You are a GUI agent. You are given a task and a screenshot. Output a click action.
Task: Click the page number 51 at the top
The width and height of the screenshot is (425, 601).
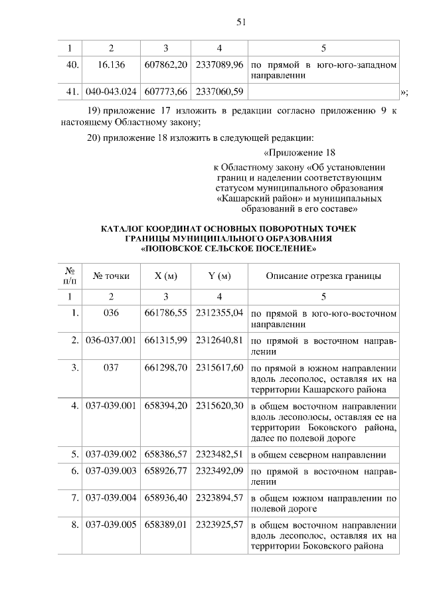coord(241,22)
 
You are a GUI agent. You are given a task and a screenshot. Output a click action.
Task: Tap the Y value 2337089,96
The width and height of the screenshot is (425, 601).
coord(219,65)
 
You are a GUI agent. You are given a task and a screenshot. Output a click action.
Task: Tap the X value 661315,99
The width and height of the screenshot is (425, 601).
coord(166,340)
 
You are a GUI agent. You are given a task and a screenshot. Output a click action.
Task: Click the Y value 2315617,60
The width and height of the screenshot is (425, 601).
coord(219,367)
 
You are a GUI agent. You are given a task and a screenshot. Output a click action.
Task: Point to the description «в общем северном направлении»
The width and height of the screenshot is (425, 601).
coord(317,455)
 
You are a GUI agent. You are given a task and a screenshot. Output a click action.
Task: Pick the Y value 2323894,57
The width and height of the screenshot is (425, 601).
coord(219,497)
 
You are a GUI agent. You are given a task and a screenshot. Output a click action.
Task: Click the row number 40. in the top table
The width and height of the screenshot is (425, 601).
coord(72,65)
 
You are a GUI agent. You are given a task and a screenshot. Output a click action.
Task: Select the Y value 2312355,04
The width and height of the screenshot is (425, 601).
coord(219,313)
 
